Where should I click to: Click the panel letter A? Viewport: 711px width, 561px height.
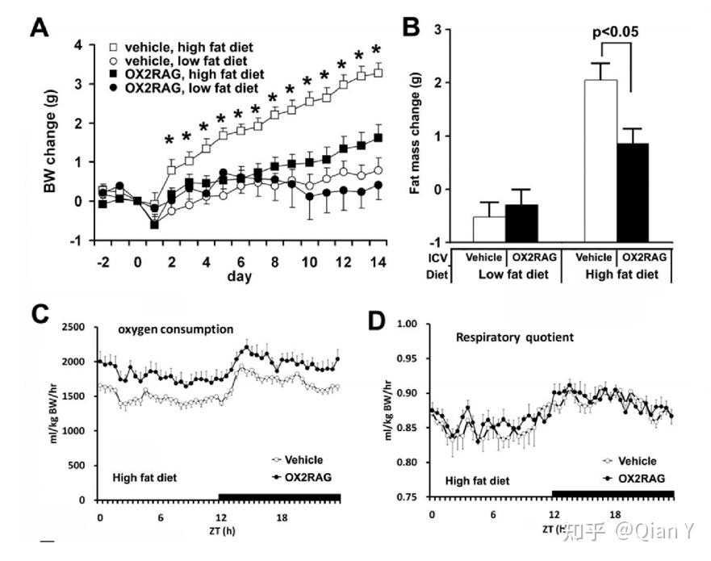click(x=40, y=28)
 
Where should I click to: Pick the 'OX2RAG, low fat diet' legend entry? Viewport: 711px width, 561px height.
click(x=186, y=87)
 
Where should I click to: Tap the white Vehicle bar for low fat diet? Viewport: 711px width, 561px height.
click(x=489, y=229)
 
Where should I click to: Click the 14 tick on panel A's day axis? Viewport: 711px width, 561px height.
click(x=376, y=261)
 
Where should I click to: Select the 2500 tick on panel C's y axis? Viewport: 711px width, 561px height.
click(x=79, y=327)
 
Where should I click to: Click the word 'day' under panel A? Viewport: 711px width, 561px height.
click(x=239, y=276)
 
